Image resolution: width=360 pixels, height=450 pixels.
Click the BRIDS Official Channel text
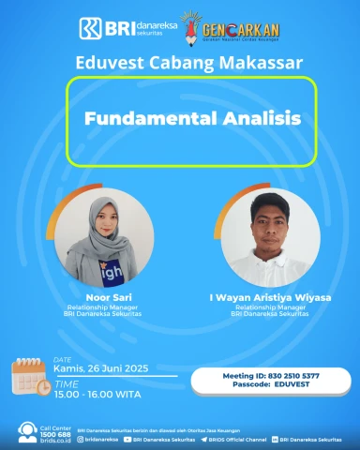point(235,438)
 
